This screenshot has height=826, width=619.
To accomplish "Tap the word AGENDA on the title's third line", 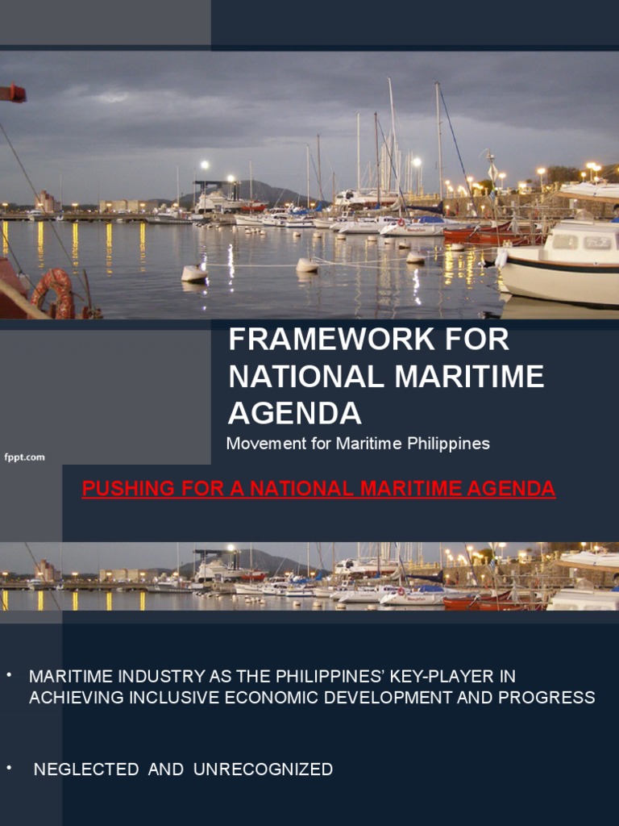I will coord(295,413).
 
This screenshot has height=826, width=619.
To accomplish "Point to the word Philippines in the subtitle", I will coord(451,444).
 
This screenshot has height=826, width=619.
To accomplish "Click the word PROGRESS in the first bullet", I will coord(546,698).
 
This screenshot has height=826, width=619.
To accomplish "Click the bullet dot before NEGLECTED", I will coord(10,766).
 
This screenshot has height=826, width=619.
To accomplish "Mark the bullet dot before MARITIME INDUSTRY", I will coord(10,673).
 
